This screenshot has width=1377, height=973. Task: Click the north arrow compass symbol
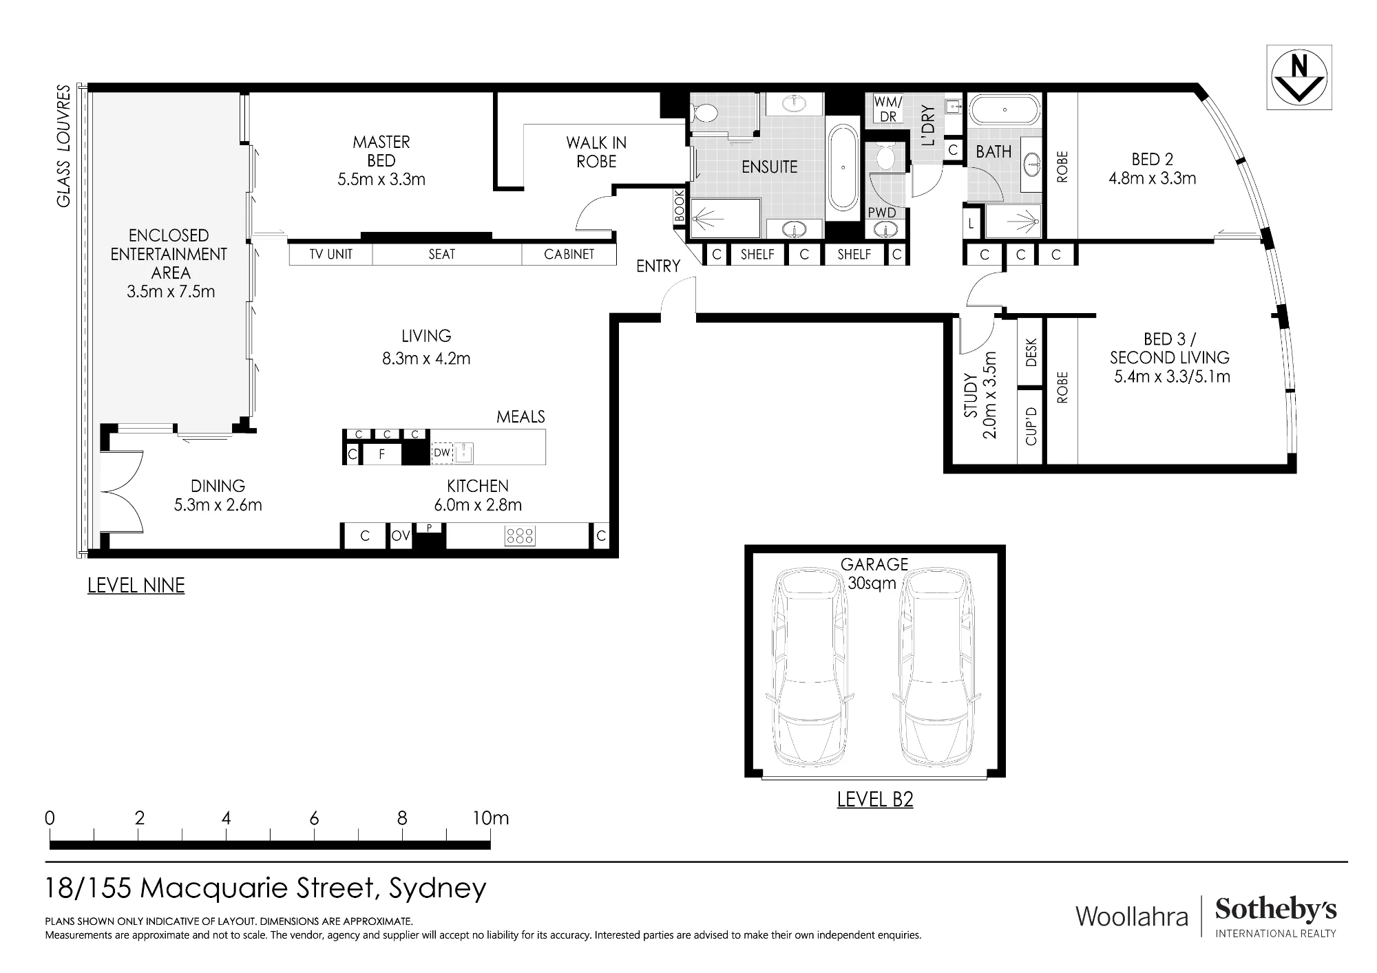(x=1299, y=78)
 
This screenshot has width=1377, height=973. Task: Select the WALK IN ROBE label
(x=596, y=152)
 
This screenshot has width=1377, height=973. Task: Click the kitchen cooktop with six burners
(x=520, y=536)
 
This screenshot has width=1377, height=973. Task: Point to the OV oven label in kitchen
(x=401, y=536)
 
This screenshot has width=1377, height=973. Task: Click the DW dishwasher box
(x=442, y=453)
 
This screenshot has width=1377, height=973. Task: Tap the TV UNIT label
(x=330, y=255)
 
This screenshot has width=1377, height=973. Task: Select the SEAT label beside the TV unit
(x=442, y=255)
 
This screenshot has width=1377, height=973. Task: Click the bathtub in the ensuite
(x=843, y=167)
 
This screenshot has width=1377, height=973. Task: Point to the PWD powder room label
(x=882, y=213)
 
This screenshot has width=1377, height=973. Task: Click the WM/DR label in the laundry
(x=888, y=109)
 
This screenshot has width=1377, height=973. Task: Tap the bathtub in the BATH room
(x=1005, y=109)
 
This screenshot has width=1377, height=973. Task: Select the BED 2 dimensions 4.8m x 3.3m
(x=1153, y=179)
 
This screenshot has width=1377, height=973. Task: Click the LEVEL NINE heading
(x=136, y=586)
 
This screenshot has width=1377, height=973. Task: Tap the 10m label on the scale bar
(x=491, y=818)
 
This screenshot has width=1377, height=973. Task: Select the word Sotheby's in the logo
(x=1276, y=910)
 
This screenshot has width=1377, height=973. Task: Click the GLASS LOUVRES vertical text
(x=63, y=146)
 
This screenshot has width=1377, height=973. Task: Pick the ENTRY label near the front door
(x=658, y=266)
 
